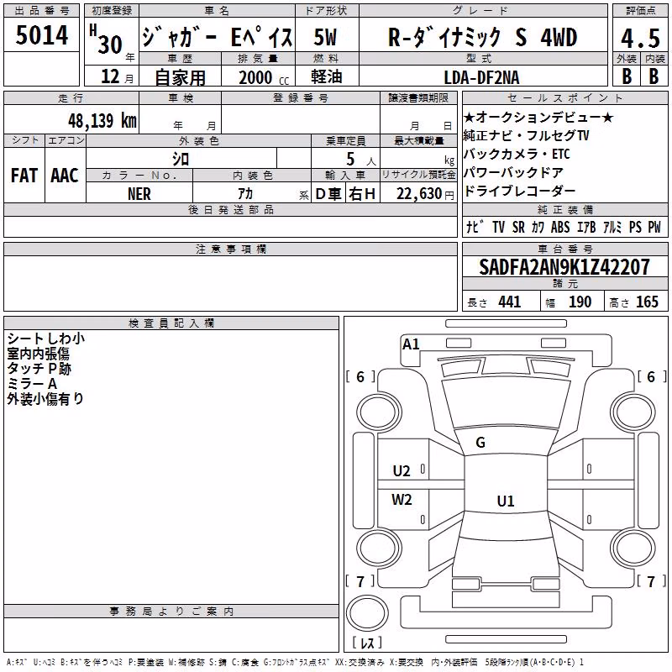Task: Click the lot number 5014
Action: (41, 35)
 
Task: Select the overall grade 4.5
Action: (640, 39)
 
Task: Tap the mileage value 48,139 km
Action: (102, 121)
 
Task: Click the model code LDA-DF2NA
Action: (481, 77)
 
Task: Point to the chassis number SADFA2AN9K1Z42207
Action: (564, 267)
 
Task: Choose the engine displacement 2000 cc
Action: (264, 78)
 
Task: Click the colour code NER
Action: (139, 194)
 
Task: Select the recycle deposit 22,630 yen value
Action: (425, 194)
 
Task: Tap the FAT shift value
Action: (24, 176)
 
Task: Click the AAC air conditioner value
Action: (65, 176)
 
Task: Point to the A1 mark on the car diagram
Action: (411, 344)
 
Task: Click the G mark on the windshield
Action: (480, 443)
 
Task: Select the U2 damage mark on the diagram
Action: (402, 471)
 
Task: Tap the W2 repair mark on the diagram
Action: (402, 499)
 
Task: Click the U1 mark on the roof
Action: (506, 501)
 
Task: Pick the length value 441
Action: (510, 302)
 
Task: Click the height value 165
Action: (647, 302)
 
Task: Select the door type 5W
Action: (325, 37)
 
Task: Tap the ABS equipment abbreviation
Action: (560, 227)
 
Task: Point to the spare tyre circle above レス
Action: (367, 613)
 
